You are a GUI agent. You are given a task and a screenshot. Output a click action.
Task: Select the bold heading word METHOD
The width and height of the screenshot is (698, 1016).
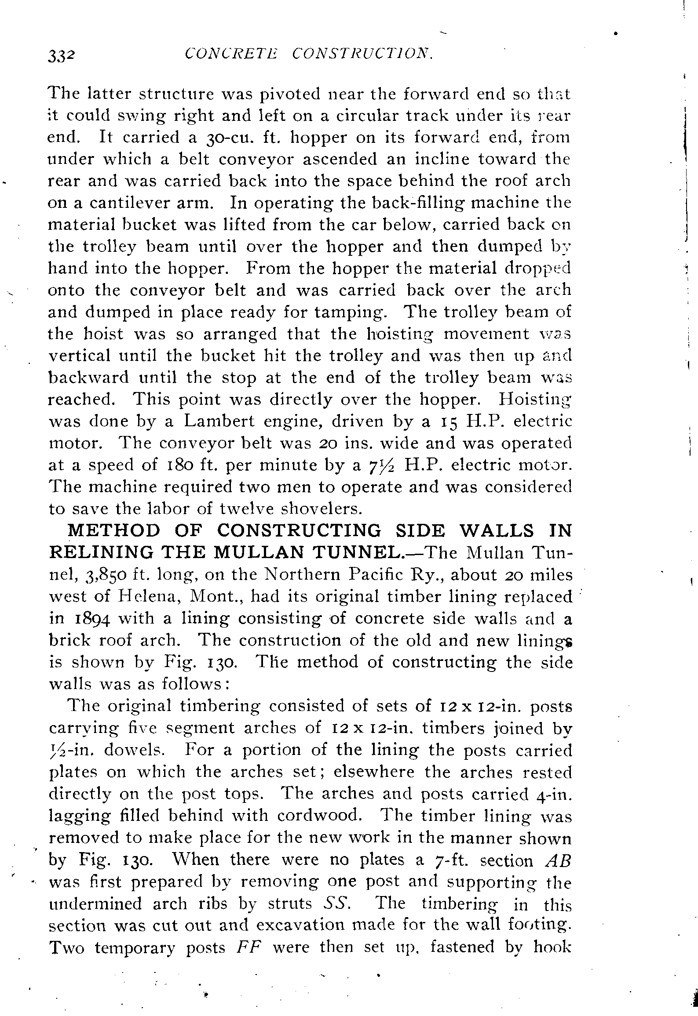[x=114, y=531]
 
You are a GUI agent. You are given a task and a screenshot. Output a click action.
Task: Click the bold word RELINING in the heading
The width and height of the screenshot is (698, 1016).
[x=101, y=552]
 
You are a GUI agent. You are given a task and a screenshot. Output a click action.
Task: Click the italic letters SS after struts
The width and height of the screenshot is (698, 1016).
[x=336, y=904]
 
